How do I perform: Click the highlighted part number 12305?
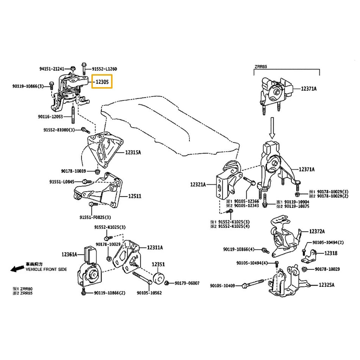[102, 81]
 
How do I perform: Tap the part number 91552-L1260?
[105, 69]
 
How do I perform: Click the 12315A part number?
[133, 152]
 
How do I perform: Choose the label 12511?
[134, 196]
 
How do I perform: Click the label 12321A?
[198, 185]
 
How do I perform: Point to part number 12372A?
[317, 231]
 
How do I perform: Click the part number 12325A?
[328, 284]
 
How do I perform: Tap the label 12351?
[158, 264]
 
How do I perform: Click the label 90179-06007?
[187, 283]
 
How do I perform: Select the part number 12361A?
[69, 254]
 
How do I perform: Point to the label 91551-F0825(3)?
[95, 218]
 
